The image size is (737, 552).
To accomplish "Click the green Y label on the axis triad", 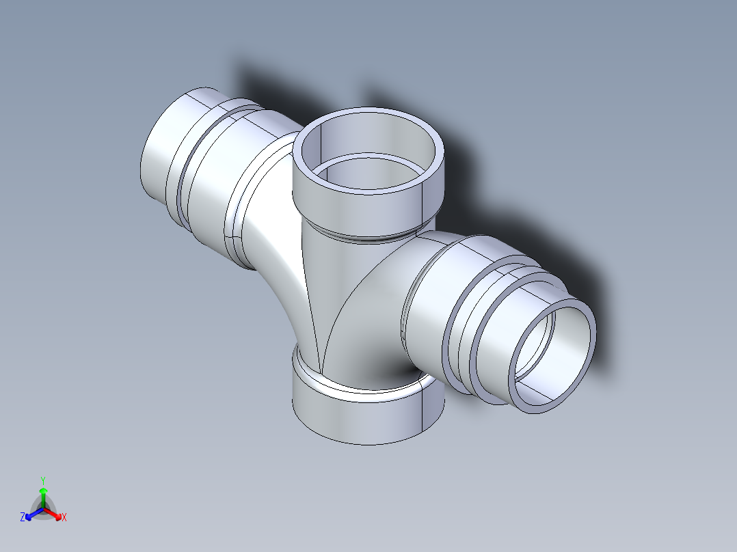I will pyautogui.click(x=43, y=480).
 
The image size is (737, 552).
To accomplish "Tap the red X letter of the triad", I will pyautogui.click(x=64, y=518).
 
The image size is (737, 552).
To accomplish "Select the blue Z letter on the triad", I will pyautogui.click(x=23, y=518).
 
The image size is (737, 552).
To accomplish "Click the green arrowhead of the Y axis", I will pyautogui.click(x=43, y=491).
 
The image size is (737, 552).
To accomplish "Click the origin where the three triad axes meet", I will pyautogui.click(x=43, y=509).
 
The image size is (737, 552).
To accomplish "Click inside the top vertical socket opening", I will pyautogui.click(x=369, y=147).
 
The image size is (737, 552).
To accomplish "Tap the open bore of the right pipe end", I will pyautogui.click(x=555, y=355).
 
